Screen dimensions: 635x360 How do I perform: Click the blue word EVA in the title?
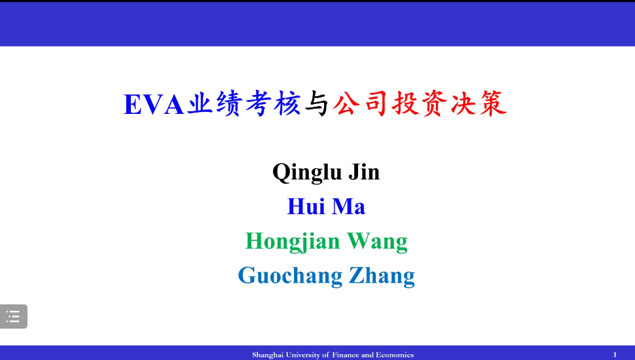[154, 105]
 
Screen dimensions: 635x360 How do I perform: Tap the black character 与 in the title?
[316, 103]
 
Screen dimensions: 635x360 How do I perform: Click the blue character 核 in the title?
[287, 103]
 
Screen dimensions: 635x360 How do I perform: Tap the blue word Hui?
[306, 206]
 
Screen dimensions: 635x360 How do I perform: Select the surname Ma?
[349, 206]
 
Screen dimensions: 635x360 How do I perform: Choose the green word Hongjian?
[293, 242]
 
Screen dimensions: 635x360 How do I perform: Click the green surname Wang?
[377, 242]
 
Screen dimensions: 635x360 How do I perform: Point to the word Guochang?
[291, 276]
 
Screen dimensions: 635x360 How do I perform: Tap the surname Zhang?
[382, 276]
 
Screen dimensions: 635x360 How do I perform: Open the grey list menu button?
[13, 316]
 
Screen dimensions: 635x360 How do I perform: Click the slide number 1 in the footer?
[615, 355]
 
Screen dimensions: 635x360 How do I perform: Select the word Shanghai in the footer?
[268, 355]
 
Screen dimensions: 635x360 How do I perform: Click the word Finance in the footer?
[346, 355]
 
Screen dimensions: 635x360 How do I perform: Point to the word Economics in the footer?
[395, 355]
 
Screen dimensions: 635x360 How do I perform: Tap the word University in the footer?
[303, 355]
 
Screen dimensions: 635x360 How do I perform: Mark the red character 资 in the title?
[435, 103]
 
